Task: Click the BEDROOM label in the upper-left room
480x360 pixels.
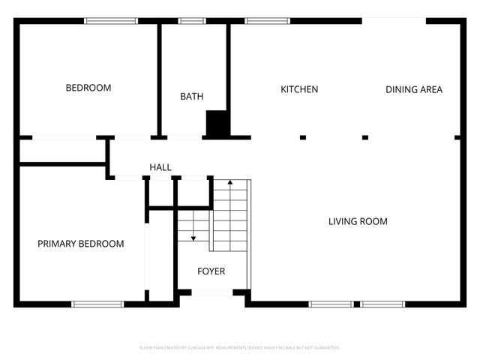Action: tap(88, 88)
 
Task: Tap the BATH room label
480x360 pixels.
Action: tap(191, 96)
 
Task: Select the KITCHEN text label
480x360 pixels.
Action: tap(299, 89)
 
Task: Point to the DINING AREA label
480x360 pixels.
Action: tap(413, 89)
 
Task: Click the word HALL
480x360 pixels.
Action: tap(160, 166)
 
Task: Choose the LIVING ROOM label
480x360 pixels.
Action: tap(358, 221)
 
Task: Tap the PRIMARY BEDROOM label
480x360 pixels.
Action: tap(81, 244)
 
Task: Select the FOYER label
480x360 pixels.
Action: tap(211, 271)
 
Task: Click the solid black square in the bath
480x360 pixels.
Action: tap(217, 124)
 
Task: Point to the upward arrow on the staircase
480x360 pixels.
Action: tap(230, 183)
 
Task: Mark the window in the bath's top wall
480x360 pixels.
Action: tap(192, 21)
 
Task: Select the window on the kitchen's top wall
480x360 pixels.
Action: tap(259, 21)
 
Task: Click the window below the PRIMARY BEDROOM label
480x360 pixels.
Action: tap(97, 304)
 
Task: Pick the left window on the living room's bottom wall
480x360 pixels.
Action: tap(331, 304)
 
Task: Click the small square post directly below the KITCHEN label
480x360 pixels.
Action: tap(303, 137)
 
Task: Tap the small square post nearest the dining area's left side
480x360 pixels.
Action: tap(365, 137)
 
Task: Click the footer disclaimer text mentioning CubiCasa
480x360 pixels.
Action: tap(240, 348)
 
